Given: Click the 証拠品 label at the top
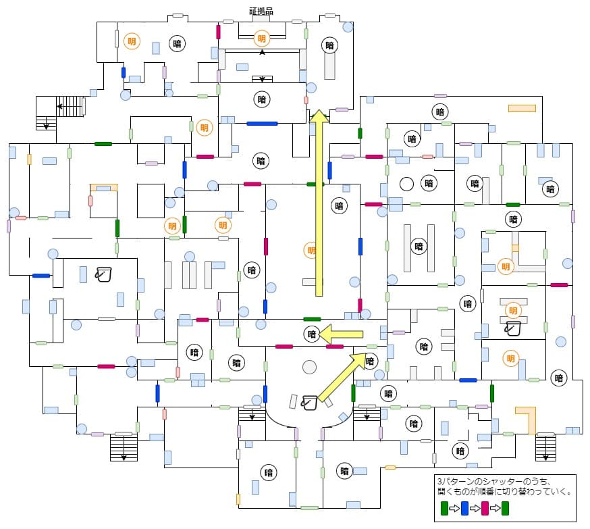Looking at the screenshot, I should tap(261, 11).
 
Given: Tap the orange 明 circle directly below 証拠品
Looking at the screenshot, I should tap(261, 39).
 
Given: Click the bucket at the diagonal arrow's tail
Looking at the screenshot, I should tap(310, 403).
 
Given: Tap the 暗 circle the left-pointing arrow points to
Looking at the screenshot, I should tap(311, 333).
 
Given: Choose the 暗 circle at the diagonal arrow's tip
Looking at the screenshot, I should tap(369, 361).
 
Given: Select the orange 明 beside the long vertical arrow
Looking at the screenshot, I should tap(311, 249).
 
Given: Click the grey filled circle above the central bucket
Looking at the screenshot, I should tap(309, 367).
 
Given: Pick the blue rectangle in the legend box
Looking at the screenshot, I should tap(464, 508).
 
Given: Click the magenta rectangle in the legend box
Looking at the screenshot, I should tap(485, 508).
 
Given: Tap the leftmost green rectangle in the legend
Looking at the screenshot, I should tap(444, 508).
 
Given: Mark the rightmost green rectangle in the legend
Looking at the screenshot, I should tap(505, 508).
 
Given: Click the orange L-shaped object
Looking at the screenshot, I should tap(527, 420).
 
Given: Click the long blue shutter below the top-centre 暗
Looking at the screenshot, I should tap(262, 124).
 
